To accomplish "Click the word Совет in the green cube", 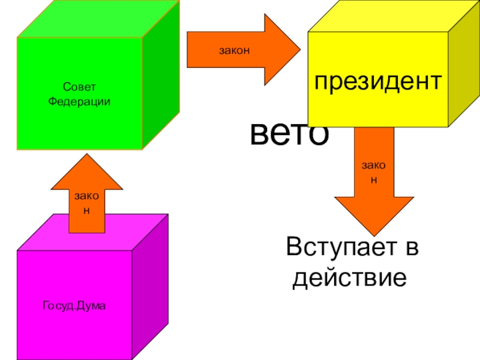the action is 79,88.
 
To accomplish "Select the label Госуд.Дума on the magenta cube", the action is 74,307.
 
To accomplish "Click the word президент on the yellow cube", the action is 378,82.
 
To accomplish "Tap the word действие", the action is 346,278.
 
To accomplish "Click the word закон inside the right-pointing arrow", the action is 234,51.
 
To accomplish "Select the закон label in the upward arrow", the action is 86,203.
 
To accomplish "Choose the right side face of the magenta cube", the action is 150,288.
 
